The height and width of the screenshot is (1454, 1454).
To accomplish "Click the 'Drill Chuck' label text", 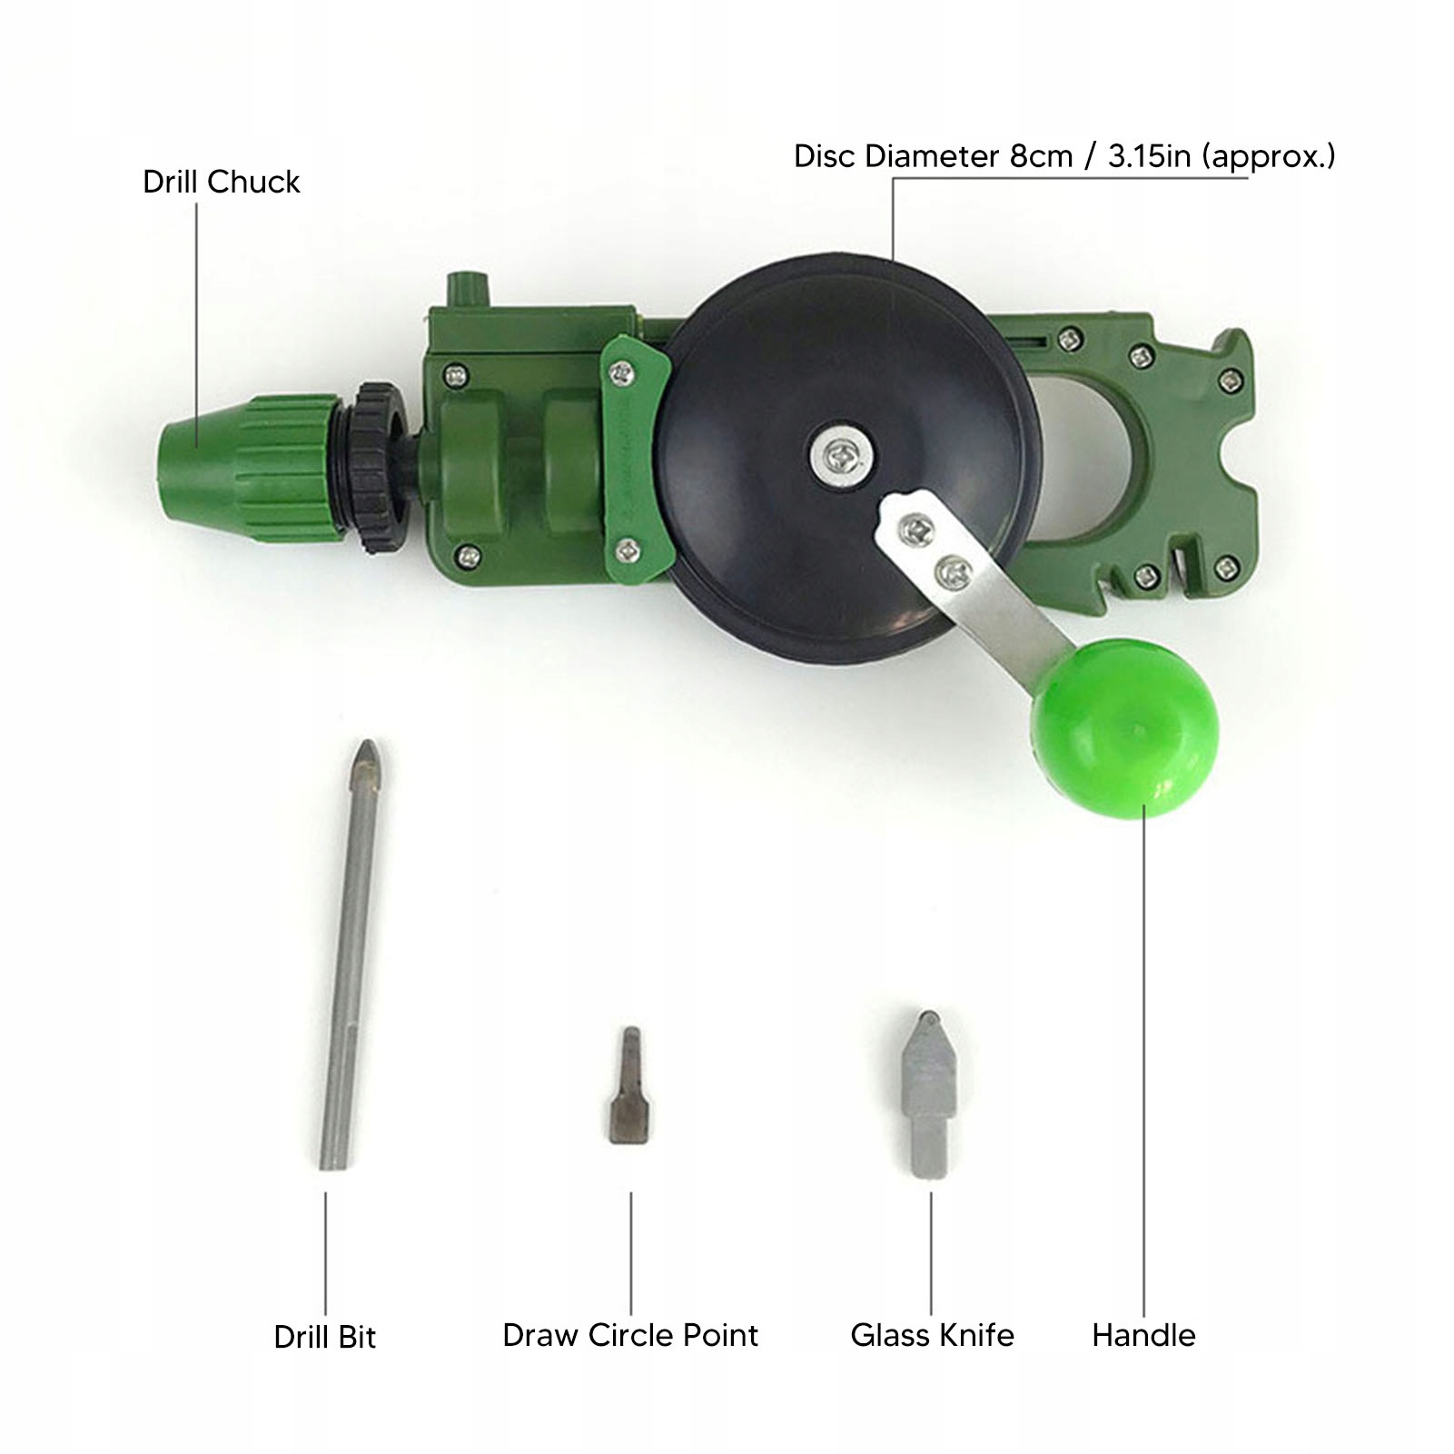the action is pyautogui.click(x=221, y=182).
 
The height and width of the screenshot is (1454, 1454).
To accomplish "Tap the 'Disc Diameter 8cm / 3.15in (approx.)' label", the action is pyautogui.click(x=1064, y=156).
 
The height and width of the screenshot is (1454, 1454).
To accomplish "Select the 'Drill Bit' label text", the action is pyautogui.click(x=324, y=1337).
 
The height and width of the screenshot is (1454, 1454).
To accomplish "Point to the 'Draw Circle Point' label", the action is pyautogui.click(x=630, y=1335).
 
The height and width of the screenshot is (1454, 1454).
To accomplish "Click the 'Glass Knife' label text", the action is pyautogui.click(x=932, y=1335).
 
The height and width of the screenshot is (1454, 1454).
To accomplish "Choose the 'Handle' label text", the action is pyautogui.click(x=1143, y=1335).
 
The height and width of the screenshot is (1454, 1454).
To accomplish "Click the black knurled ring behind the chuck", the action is pyautogui.click(x=376, y=467).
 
